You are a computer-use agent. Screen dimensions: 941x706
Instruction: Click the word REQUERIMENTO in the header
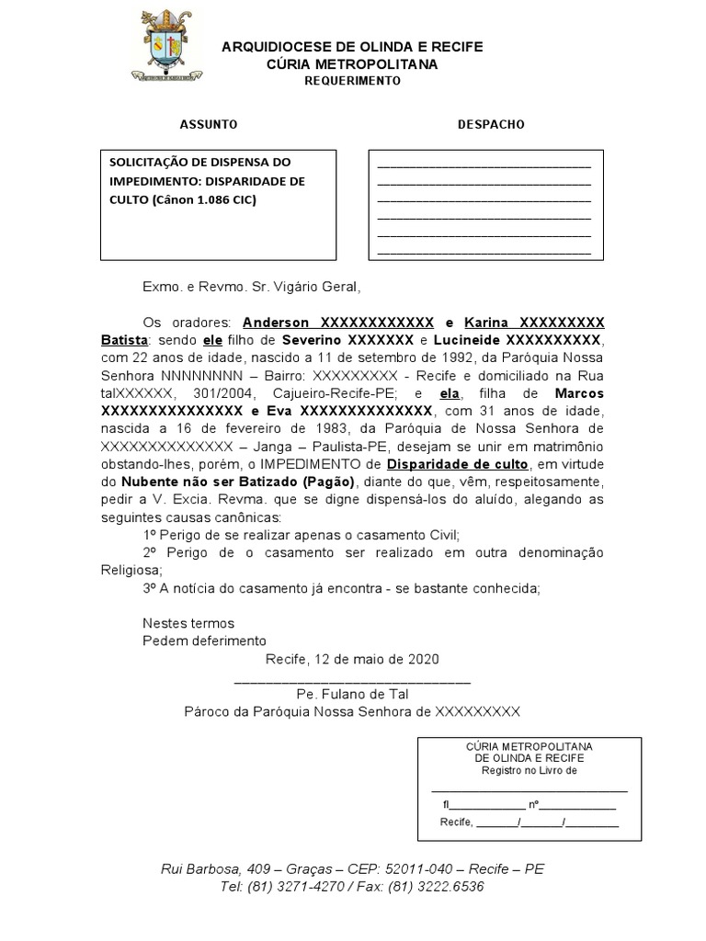352,81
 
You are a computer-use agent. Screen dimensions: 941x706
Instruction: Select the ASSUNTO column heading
209,124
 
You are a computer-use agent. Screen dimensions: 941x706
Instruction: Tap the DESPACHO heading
491,124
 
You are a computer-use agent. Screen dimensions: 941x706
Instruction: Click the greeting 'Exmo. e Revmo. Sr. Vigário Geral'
245,287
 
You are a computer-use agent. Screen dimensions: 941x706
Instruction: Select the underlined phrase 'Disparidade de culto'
457,463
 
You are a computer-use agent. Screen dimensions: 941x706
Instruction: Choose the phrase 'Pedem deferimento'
204,641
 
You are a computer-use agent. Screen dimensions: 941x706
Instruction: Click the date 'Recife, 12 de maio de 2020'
352,659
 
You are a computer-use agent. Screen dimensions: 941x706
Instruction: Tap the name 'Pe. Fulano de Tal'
352,694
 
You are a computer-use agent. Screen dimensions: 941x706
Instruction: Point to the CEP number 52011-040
410,869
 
